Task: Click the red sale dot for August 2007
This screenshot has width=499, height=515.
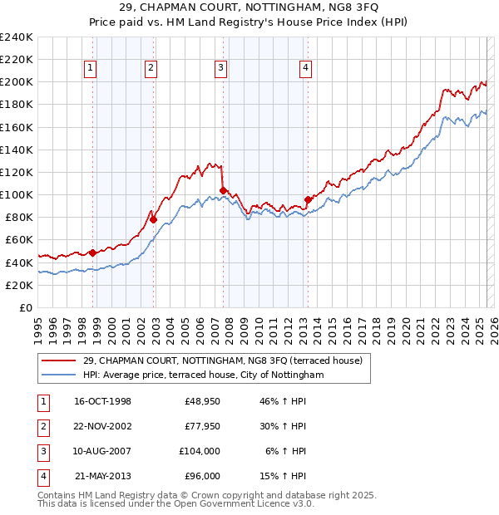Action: pos(223,190)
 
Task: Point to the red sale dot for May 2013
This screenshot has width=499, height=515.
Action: pos(308,199)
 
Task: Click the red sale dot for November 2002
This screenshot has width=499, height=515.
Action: pos(154,219)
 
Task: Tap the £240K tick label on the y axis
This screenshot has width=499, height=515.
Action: pos(17,37)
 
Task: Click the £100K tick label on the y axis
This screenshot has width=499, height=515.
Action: pos(17,194)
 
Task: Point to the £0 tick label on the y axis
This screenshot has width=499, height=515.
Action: pos(25,307)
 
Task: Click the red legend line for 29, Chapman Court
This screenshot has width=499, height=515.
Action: pos(59,361)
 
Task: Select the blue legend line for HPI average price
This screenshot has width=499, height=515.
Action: pos(59,375)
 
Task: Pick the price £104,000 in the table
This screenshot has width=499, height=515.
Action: pos(200,451)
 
